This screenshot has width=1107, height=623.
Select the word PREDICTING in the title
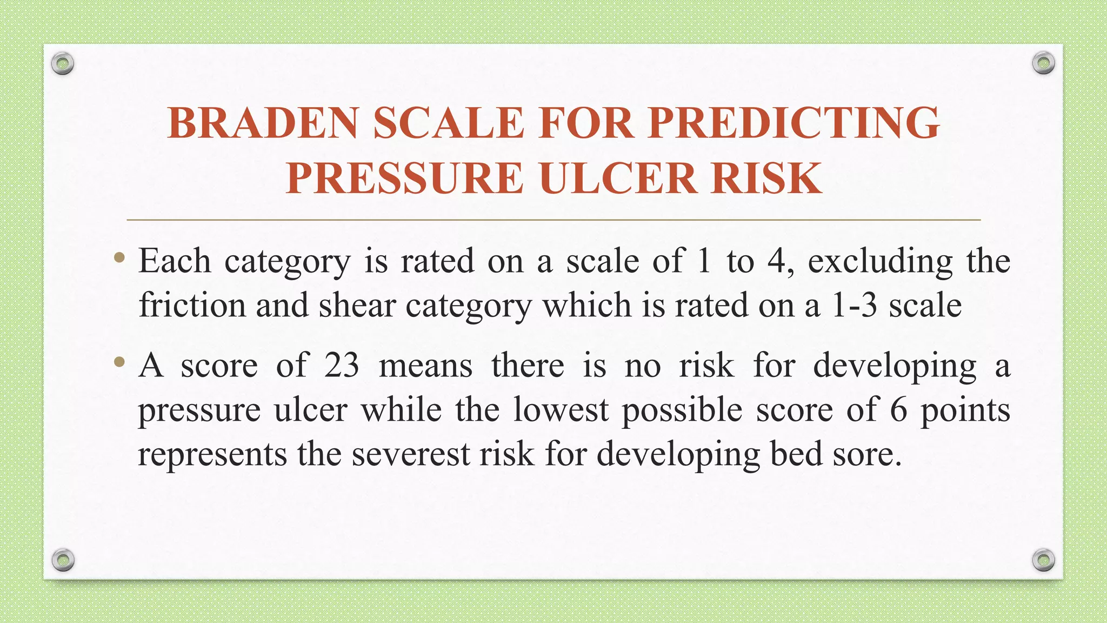[x=794, y=123]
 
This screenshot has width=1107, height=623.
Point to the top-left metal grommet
[x=63, y=64]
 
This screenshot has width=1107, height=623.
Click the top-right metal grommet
[x=1043, y=64]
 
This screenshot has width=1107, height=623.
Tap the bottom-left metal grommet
[x=63, y=560]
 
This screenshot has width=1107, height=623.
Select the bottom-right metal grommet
[x=1043, y=560]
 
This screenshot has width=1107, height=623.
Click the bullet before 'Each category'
[x=119, y=259]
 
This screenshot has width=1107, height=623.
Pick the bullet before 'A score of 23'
[x=119, y=362]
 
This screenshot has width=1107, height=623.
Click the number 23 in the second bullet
[x=342, y=366]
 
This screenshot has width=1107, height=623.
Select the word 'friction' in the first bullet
[x=192, y=306]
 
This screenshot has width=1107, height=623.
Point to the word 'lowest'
[x=561, y=410]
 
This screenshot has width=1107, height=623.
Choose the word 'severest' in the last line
[x=411, y=454]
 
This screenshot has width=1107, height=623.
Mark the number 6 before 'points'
[x=898, y=410]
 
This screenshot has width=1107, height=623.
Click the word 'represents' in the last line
[x=212, y=454]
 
